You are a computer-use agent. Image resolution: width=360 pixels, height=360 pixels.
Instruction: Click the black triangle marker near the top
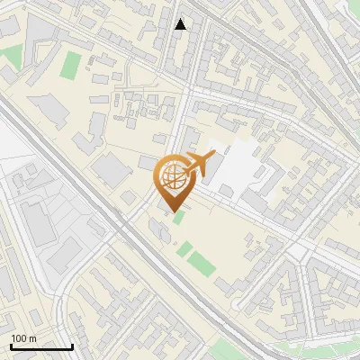[181, 24]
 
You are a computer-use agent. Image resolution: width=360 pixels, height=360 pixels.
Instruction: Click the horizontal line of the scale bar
[41, 346]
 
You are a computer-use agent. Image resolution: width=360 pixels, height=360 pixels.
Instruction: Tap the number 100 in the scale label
[19, 338]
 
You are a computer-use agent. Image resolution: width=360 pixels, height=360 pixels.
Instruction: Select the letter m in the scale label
[32, 338]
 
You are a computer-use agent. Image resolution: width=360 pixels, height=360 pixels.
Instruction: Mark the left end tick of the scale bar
[11, 346]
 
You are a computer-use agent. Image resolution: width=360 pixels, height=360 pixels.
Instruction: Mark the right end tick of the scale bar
[72, 346]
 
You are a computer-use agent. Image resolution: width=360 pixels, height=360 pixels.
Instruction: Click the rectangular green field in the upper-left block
[70, 63]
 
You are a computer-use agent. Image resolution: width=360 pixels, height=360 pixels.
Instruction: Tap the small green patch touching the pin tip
[178, 217]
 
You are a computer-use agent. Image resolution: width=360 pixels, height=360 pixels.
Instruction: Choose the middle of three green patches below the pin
[184, 247]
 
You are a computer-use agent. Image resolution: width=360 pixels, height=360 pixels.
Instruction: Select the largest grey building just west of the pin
[111, 168]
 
